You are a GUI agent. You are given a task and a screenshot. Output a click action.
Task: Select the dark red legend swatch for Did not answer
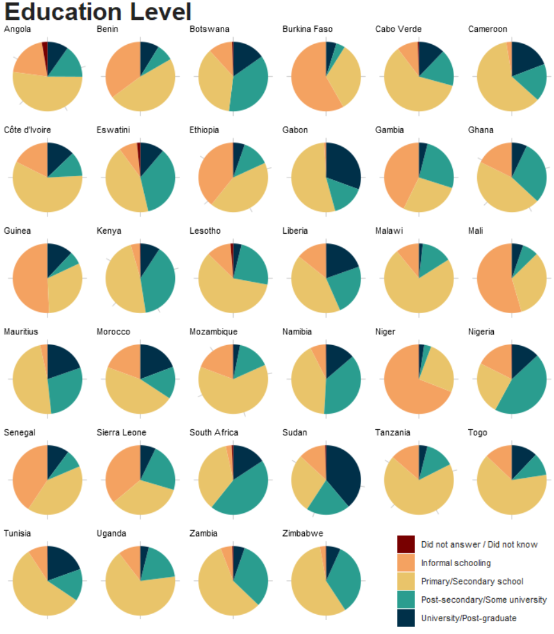click(406, 544)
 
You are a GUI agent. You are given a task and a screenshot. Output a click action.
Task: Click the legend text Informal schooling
click(455, 563)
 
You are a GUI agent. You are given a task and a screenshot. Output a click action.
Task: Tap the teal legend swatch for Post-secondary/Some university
click(406, 600)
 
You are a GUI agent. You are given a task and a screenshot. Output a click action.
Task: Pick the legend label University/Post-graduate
click(468, 618)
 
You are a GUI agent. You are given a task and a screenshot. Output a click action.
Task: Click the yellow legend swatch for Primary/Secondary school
click(406, 581)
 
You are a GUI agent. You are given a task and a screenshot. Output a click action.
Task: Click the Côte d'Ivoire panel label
click(28, 130)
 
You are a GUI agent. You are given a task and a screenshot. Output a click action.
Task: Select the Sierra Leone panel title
click(121, 432)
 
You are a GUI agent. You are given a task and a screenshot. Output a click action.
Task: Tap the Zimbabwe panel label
click(303, 533)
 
